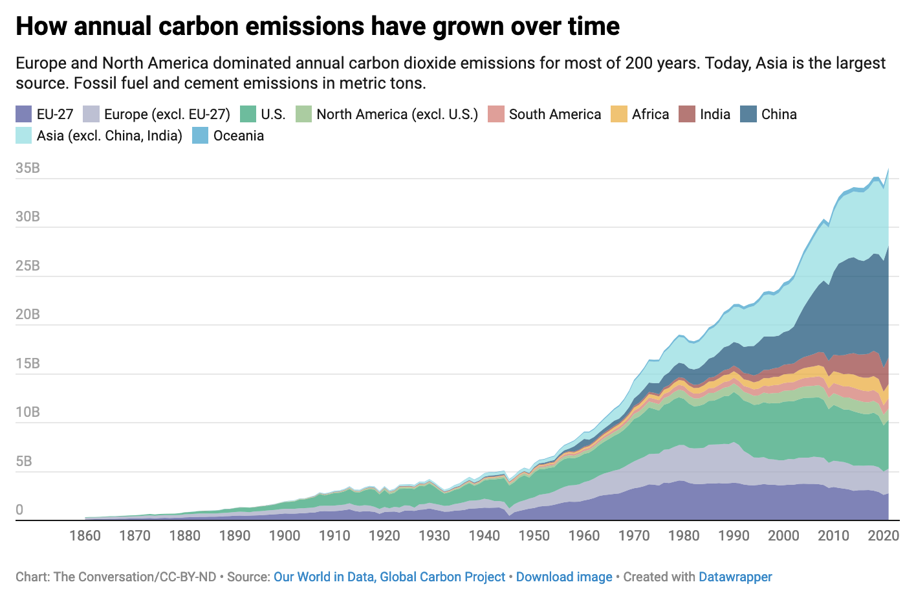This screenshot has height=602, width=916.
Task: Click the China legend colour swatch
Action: [748, 115]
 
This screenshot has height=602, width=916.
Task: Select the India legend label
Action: [715, 115]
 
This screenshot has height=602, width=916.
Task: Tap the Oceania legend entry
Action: [238, 136]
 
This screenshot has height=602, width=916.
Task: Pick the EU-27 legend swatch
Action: [24, 115]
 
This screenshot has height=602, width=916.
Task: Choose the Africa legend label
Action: [650, 115]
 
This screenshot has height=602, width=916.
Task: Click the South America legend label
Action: [554, 115]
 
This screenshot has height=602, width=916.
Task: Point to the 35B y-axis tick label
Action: [28, 168]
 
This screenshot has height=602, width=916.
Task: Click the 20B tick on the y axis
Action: [28, 315]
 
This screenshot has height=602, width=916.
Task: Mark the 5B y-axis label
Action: [24, 462]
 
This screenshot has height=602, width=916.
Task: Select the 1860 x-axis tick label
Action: [85, 535]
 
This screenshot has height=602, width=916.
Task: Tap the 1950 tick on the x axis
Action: [534, 535]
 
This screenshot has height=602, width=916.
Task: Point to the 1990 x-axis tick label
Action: [734, 535]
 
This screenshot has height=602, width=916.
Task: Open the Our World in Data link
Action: [323, 577]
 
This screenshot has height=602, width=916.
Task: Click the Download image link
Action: [564, 577]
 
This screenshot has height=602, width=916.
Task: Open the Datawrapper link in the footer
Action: [736, 577]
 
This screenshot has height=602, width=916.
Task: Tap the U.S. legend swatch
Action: [248, 115]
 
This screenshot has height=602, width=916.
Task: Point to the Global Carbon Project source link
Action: [442, 577]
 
